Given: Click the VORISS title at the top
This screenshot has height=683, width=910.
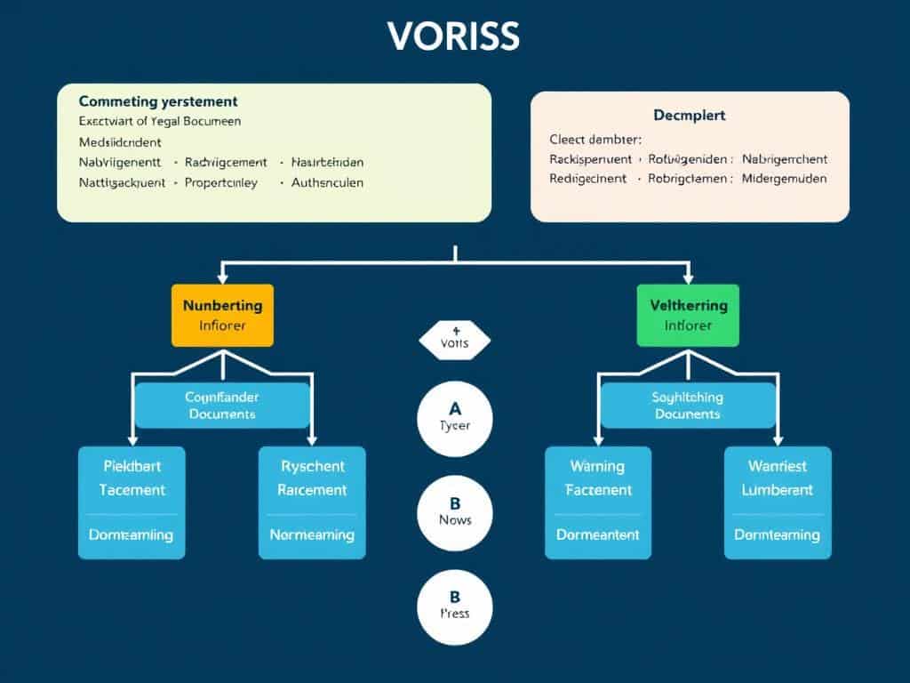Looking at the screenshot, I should (454, 37).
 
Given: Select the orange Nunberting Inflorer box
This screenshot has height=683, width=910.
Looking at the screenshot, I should (222, 315).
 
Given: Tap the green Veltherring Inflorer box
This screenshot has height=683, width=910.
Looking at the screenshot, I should (688, 315).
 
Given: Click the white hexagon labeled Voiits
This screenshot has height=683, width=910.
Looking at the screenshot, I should (454, 341).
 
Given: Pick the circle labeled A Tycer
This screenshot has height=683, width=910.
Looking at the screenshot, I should (455, 417).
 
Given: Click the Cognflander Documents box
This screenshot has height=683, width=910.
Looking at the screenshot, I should (222, 406).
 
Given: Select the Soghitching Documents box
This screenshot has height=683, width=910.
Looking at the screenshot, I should (688, 406).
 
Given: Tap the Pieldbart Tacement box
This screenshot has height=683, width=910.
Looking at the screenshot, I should (132, 502).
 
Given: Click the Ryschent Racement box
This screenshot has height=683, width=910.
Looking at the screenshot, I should (312, 502).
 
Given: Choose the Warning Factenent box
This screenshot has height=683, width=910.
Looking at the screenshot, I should (597, 502).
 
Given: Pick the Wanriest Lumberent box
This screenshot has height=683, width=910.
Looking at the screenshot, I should (778, 502).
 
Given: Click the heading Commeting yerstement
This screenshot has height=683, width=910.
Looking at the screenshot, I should (158, 102).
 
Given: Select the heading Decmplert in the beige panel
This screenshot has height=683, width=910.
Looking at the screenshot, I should (690, 116).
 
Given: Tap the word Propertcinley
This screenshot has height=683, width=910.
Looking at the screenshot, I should (221, 182).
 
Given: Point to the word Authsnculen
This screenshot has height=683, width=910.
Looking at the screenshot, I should (328, 182).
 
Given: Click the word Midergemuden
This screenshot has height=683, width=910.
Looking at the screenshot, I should (785, 178).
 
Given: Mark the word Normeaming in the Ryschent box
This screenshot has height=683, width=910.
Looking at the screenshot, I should (312, 534).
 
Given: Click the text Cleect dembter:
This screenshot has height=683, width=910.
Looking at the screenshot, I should (595, 139).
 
